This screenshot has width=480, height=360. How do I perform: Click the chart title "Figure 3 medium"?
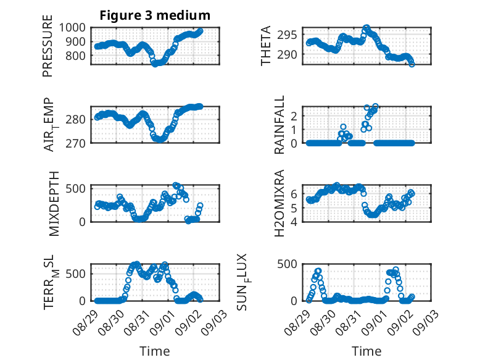coord(155,15)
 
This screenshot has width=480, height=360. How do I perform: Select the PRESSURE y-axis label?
coord(48,46)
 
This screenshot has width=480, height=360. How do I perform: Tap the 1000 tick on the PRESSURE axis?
coord(72,28)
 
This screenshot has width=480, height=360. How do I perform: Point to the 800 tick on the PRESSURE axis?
coord(76,56)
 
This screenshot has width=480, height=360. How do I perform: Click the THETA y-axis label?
coord(266,46)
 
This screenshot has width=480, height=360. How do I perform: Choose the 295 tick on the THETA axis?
coord(287,35)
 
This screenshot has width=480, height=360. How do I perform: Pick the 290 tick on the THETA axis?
coord(287,54)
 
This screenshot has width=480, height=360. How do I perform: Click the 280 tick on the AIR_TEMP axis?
coord(76,119)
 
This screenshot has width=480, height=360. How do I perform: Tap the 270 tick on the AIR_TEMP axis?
coord(76,143)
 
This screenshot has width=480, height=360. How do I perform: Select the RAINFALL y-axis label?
coord(279,125)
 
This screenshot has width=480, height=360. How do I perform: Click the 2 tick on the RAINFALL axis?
coord(294,116)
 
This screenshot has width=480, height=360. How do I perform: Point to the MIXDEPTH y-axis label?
coord(54,204)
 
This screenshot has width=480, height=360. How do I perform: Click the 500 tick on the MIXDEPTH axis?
coord(76,188)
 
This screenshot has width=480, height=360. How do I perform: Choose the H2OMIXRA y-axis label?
coord(279,203)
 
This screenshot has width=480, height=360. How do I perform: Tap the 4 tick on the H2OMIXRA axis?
coord(294,222)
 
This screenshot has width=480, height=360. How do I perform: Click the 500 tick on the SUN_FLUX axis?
coord(287,264)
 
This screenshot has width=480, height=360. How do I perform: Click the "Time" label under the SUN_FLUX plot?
coord(366,351)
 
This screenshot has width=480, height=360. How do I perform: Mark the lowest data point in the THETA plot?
coord(412,64)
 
